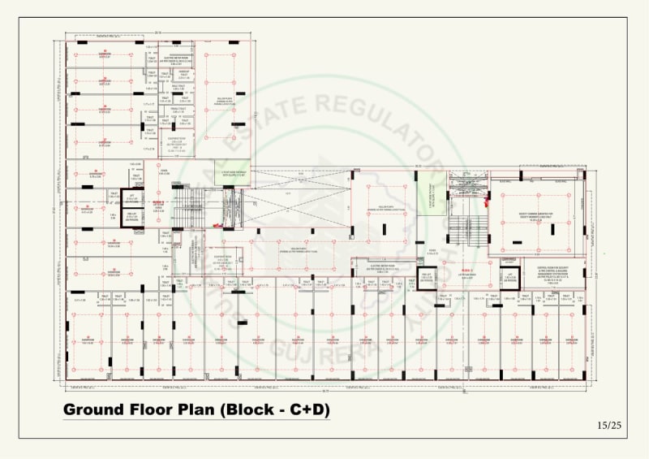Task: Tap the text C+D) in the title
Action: tap(307, 410)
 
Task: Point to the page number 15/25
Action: tap(608, 425)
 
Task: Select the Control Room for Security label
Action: tap(558, 268)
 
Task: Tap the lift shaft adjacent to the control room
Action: tap(510, 277)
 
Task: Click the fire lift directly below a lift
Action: tap(131, 218)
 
